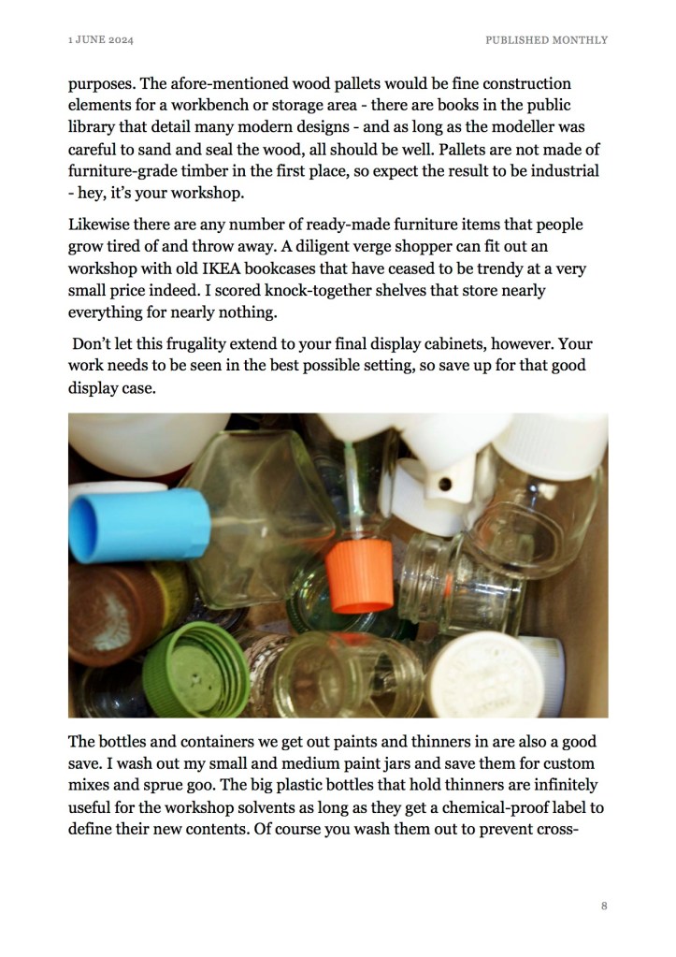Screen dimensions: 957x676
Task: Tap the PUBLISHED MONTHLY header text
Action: [546, 40]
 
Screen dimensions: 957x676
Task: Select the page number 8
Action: [604, 906]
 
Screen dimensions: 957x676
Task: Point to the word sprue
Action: [174, 786]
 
